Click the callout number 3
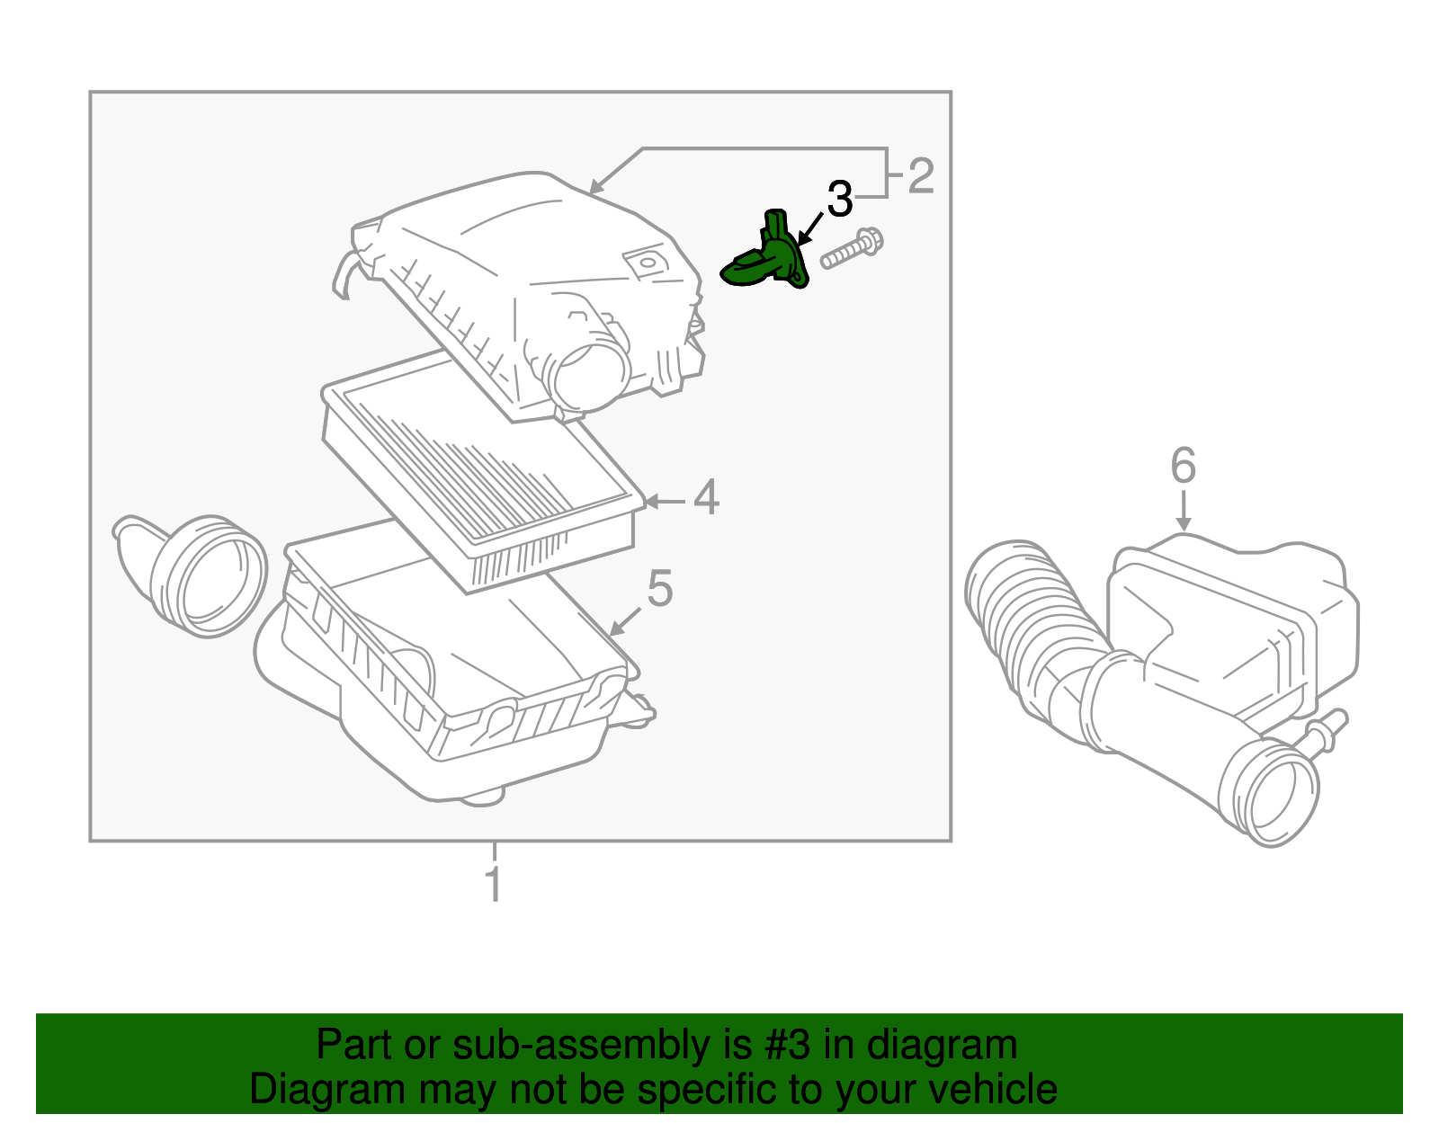[x=838, y=200]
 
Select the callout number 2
[x=921, y=175]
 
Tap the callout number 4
[x=706, y=497]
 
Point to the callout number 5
[x=660, y=589]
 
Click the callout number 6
[x=1183, y=466]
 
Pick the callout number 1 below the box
[x=494, y=884]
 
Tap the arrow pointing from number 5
[x=625, y=621]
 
